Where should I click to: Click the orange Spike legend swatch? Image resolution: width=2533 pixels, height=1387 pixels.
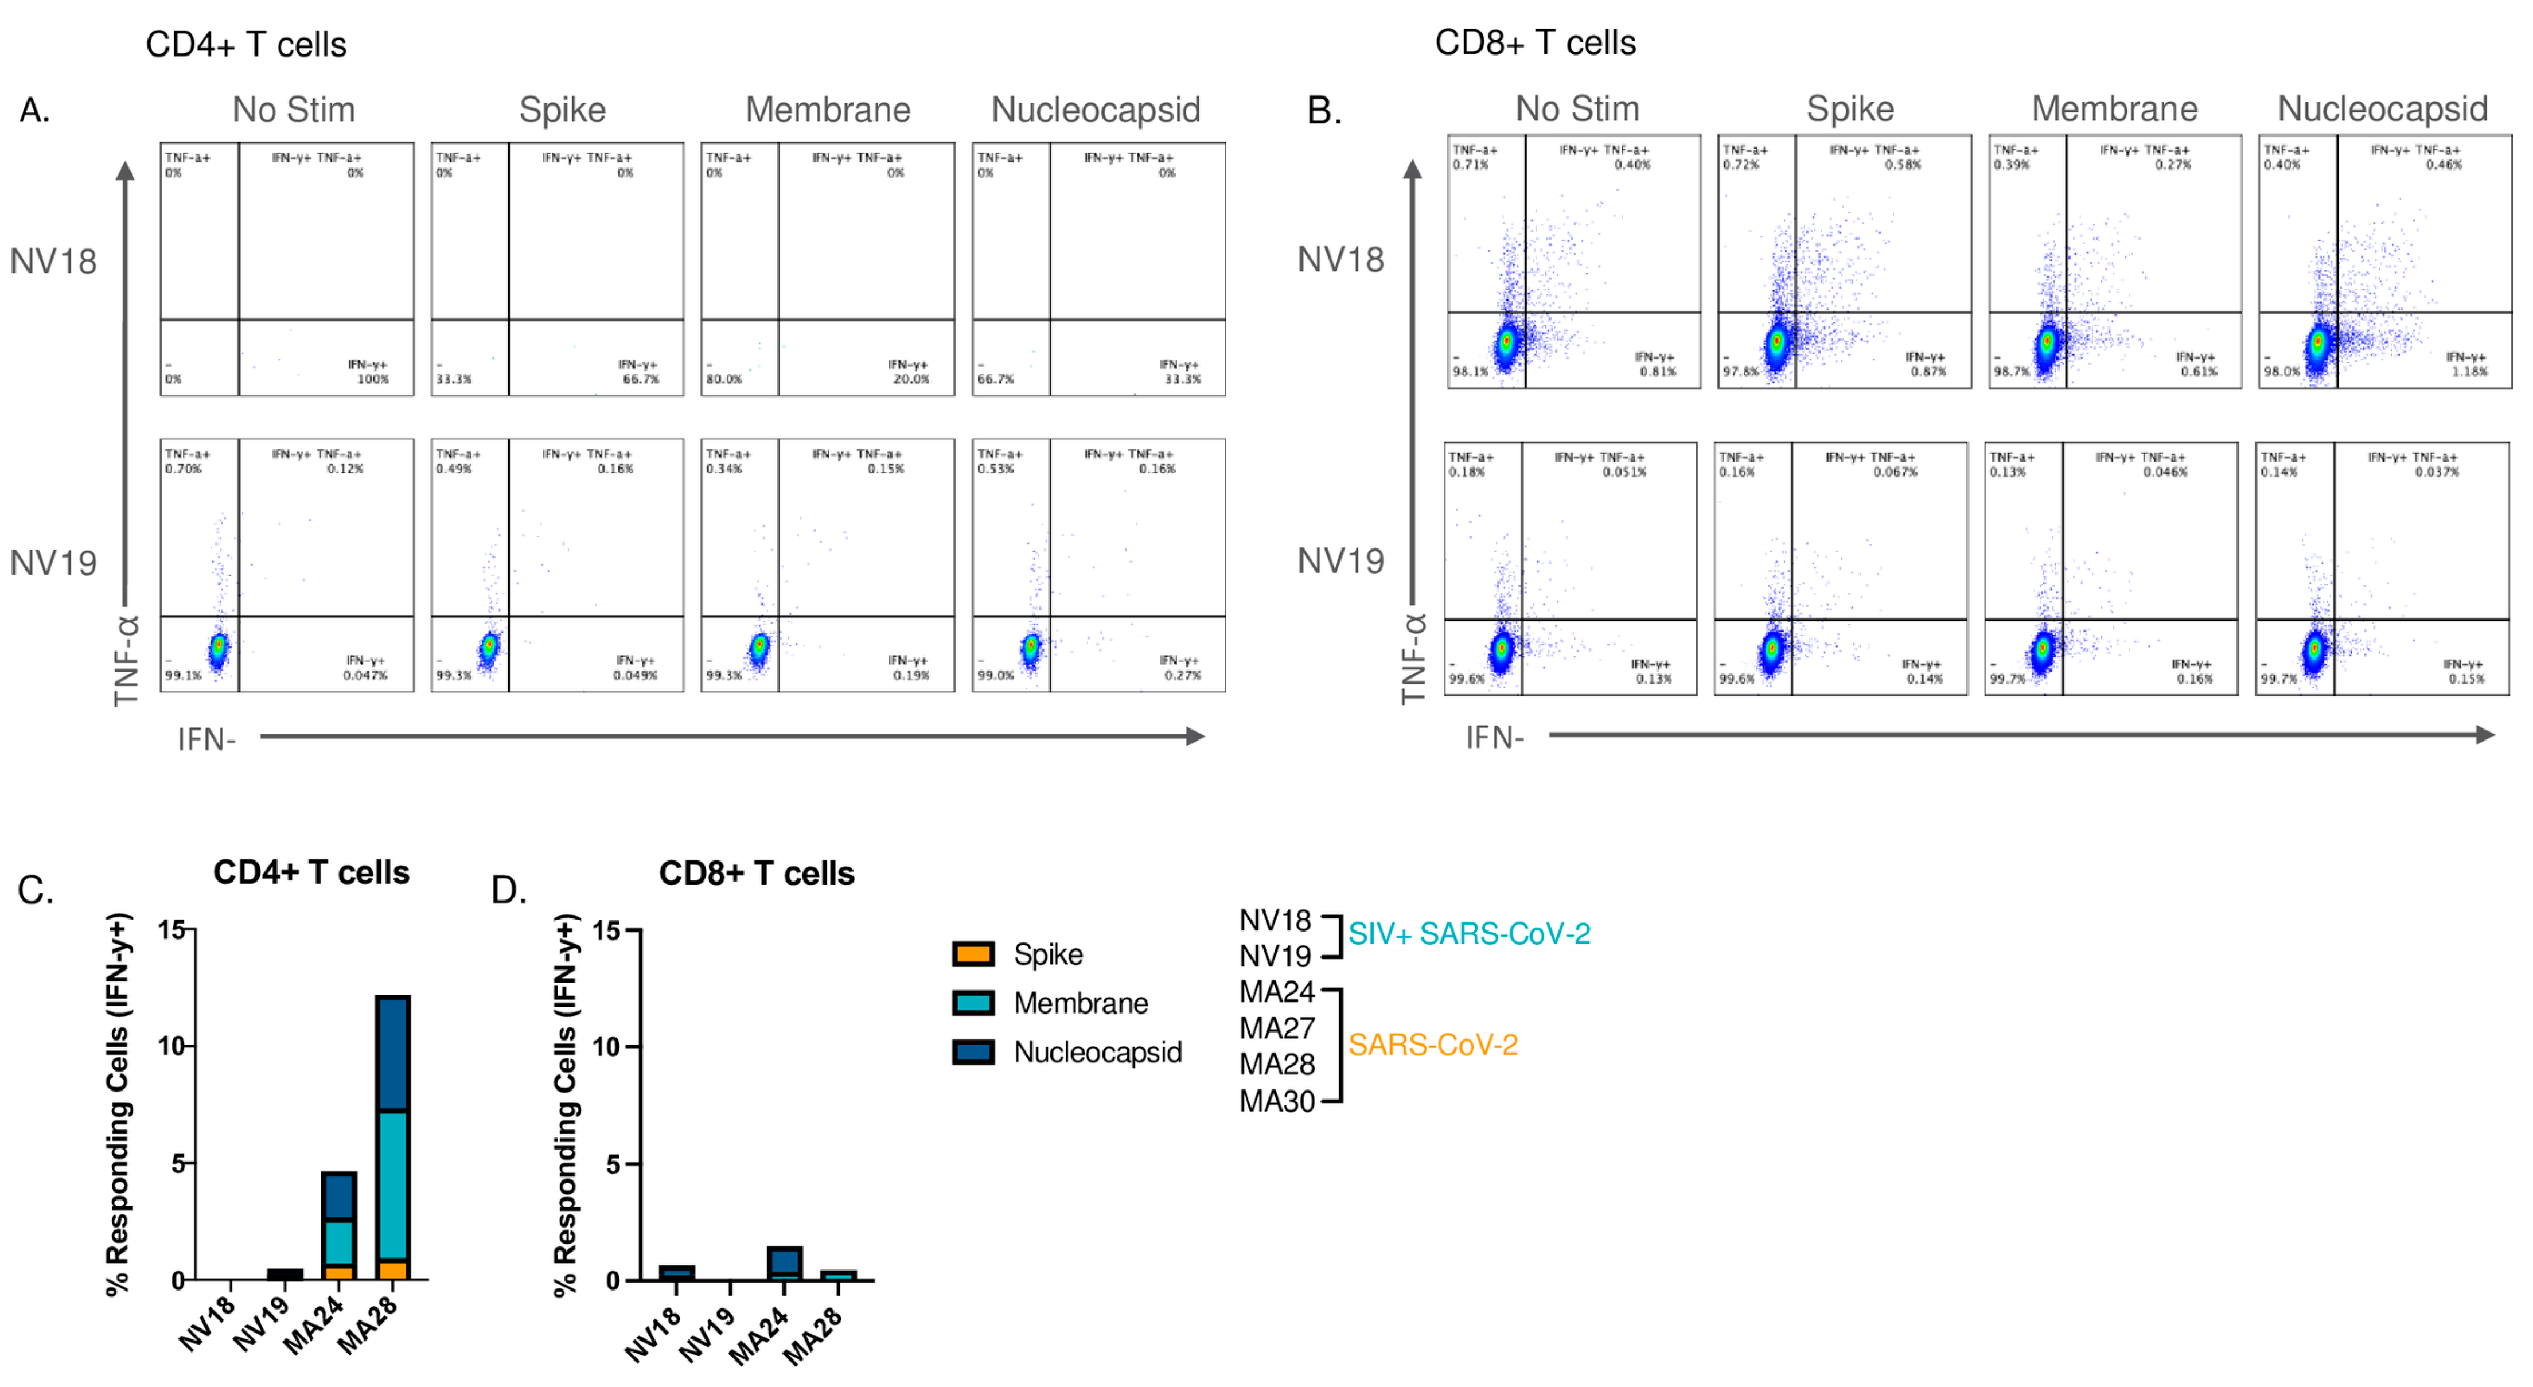[x=972, y=953]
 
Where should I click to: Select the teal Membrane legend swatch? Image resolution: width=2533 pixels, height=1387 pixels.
[x=972, y=1002]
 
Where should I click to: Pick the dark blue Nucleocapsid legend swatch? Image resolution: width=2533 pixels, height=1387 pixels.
[x=972, y=1051]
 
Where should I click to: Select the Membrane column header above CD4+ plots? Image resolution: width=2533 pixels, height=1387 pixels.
[x=827, y=109]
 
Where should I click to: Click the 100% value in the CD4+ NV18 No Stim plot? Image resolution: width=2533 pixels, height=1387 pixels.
[x=373, y=379]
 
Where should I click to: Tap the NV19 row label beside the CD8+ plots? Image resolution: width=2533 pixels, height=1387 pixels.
[x=1340, y=560]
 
